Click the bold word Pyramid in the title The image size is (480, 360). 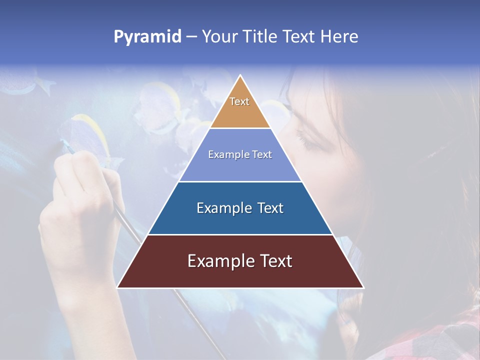coord(147,37)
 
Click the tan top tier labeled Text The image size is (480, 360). coord(240,107)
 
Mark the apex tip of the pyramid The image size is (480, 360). coord(240,76)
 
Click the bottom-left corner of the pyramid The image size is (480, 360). coord(118,287)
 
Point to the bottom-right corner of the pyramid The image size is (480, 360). coord(362,287)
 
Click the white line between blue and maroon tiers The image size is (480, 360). coord(240,234)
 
